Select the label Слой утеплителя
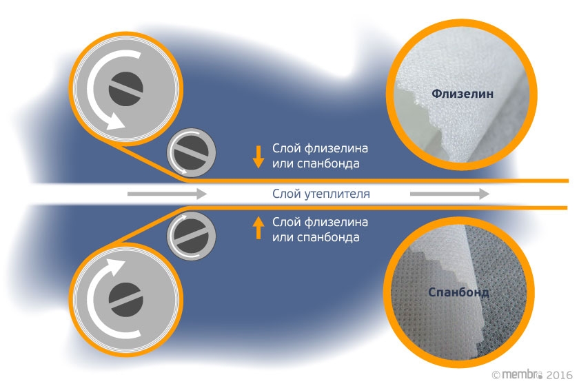321,194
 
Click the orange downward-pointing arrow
258,156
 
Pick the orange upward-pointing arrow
258,227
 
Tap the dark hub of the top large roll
126,87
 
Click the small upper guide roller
192,152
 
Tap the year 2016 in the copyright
559,374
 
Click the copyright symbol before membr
496,374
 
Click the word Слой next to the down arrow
285,149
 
